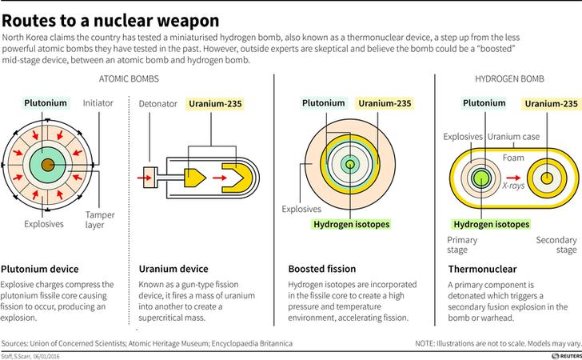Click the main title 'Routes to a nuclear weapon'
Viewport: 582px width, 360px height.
point(112,18)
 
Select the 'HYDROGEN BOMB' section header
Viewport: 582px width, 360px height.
point(509,81)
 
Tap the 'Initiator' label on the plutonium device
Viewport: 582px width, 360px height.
point(98,104)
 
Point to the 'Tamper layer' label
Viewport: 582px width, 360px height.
point(100,219)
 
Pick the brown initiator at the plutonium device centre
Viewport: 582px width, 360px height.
point(50,164)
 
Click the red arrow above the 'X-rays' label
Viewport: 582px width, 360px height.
point(513,174)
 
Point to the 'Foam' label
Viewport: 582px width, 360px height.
point(513,157)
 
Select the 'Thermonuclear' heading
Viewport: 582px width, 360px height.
point(482,269)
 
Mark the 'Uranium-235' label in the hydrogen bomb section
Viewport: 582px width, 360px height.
point(551,104)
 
